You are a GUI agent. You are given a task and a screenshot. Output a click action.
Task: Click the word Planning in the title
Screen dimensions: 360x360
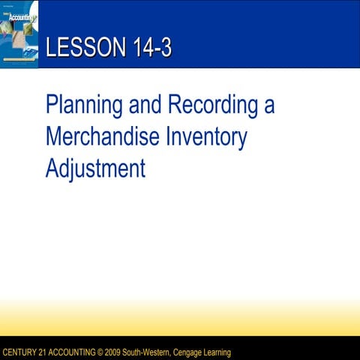click(82, 104)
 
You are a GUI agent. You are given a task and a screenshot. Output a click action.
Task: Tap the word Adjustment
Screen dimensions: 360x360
click(94, 168)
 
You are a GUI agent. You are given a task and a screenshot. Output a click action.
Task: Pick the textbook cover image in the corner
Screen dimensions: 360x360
click(19, 34)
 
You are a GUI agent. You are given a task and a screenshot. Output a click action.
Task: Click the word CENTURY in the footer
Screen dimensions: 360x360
click(22, 352)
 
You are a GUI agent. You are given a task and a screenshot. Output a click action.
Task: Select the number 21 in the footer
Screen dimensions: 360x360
click(49, 352)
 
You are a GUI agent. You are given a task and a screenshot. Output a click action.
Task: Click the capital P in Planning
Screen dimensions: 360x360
click(51, 104)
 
